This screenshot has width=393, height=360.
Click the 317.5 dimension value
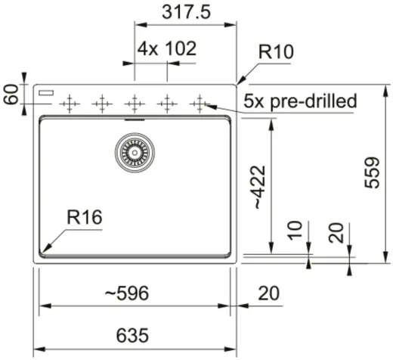(186, 12)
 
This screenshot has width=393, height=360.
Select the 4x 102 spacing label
(167, 48)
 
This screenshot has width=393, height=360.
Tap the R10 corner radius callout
(276, 52)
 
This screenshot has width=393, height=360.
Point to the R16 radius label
(85, 217)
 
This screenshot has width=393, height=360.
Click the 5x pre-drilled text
(300, 101)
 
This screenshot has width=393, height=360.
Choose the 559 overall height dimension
(372, 173)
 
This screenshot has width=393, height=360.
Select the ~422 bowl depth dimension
(258, 188)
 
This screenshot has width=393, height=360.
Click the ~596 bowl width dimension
(127, 293)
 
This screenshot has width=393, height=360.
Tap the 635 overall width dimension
(132, 336)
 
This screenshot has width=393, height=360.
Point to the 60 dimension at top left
(11, 95)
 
